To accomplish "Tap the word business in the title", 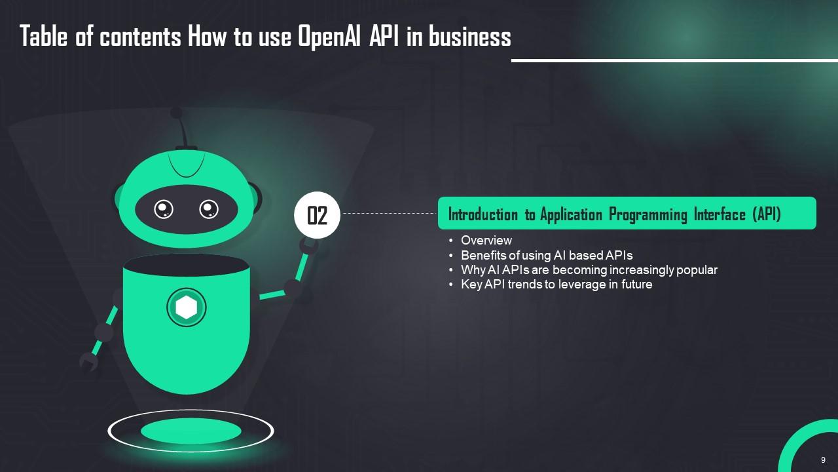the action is (x=469, y=36).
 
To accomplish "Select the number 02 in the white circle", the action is (x=318, y=216).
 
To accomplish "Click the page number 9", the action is (x=823, y=460).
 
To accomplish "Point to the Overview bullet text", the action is (x=486, y=240).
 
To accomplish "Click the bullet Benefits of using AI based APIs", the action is (x=547, y=255).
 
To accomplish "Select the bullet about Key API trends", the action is (x=556, y=285).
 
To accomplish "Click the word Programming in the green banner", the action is (x=648, y=214).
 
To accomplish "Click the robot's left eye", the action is (x=164, y=209).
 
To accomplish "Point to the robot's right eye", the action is (x=209, y=209).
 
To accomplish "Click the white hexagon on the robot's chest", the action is (x=187, y=307).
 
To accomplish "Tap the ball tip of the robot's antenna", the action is (x=176, y=112).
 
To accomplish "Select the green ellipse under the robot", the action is (x=191, y=431).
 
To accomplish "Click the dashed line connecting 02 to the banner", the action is (x=390, y=214).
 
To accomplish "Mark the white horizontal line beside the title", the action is (x=674, y=60).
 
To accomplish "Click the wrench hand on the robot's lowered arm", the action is (x=88, y=363).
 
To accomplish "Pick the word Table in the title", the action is (x=43, y=36).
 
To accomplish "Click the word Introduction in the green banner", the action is (x=483, y=214).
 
